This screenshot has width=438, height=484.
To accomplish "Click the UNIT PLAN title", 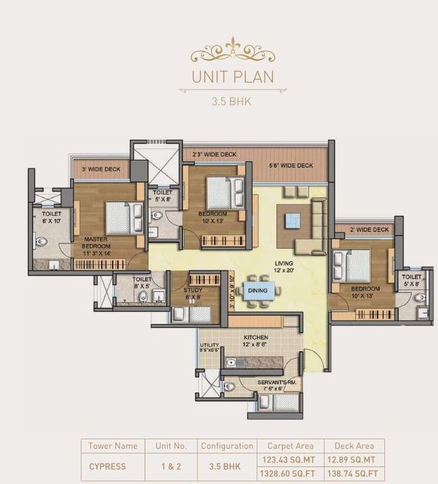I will [233, 76].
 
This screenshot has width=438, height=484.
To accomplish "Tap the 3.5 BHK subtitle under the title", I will [233, 103].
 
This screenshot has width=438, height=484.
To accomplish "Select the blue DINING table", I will [257, 291].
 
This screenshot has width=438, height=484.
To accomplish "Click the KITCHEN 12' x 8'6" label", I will [255, 341].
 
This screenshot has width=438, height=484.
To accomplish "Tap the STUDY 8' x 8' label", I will [193, 293].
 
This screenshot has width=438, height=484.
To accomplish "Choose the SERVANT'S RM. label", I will [278, 384].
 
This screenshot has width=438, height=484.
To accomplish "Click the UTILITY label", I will [209, 348].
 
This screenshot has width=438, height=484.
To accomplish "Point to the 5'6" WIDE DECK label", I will [291, 165].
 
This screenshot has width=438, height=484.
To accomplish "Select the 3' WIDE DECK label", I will [101, 169].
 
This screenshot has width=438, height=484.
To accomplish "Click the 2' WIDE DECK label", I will [369, 230].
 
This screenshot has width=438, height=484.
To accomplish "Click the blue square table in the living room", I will [292, 220].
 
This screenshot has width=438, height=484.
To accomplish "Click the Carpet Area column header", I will [290, 446].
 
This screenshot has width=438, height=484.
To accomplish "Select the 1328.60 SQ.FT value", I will [290, 473].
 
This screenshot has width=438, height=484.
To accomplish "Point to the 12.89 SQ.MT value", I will [353, 460].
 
